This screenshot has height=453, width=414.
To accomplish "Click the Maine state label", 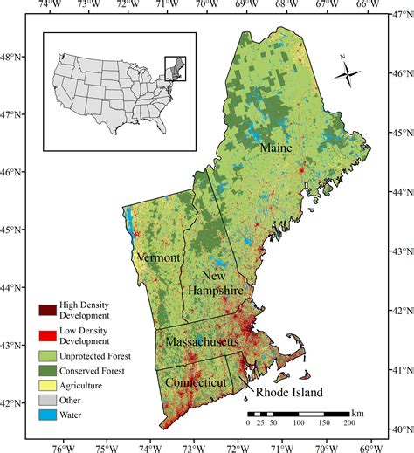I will [275, 149].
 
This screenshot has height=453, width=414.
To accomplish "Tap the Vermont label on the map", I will [158, 258].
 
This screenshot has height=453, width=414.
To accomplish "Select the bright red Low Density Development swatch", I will [46, 333].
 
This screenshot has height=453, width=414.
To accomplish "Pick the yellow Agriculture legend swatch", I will [46, 387].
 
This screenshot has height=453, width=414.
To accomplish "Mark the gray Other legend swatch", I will [46, 402].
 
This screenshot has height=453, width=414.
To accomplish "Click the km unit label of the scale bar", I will [358, 412].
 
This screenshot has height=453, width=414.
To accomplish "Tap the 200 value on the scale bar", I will [348, 423].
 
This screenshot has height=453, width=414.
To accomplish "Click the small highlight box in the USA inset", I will [176, 68].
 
